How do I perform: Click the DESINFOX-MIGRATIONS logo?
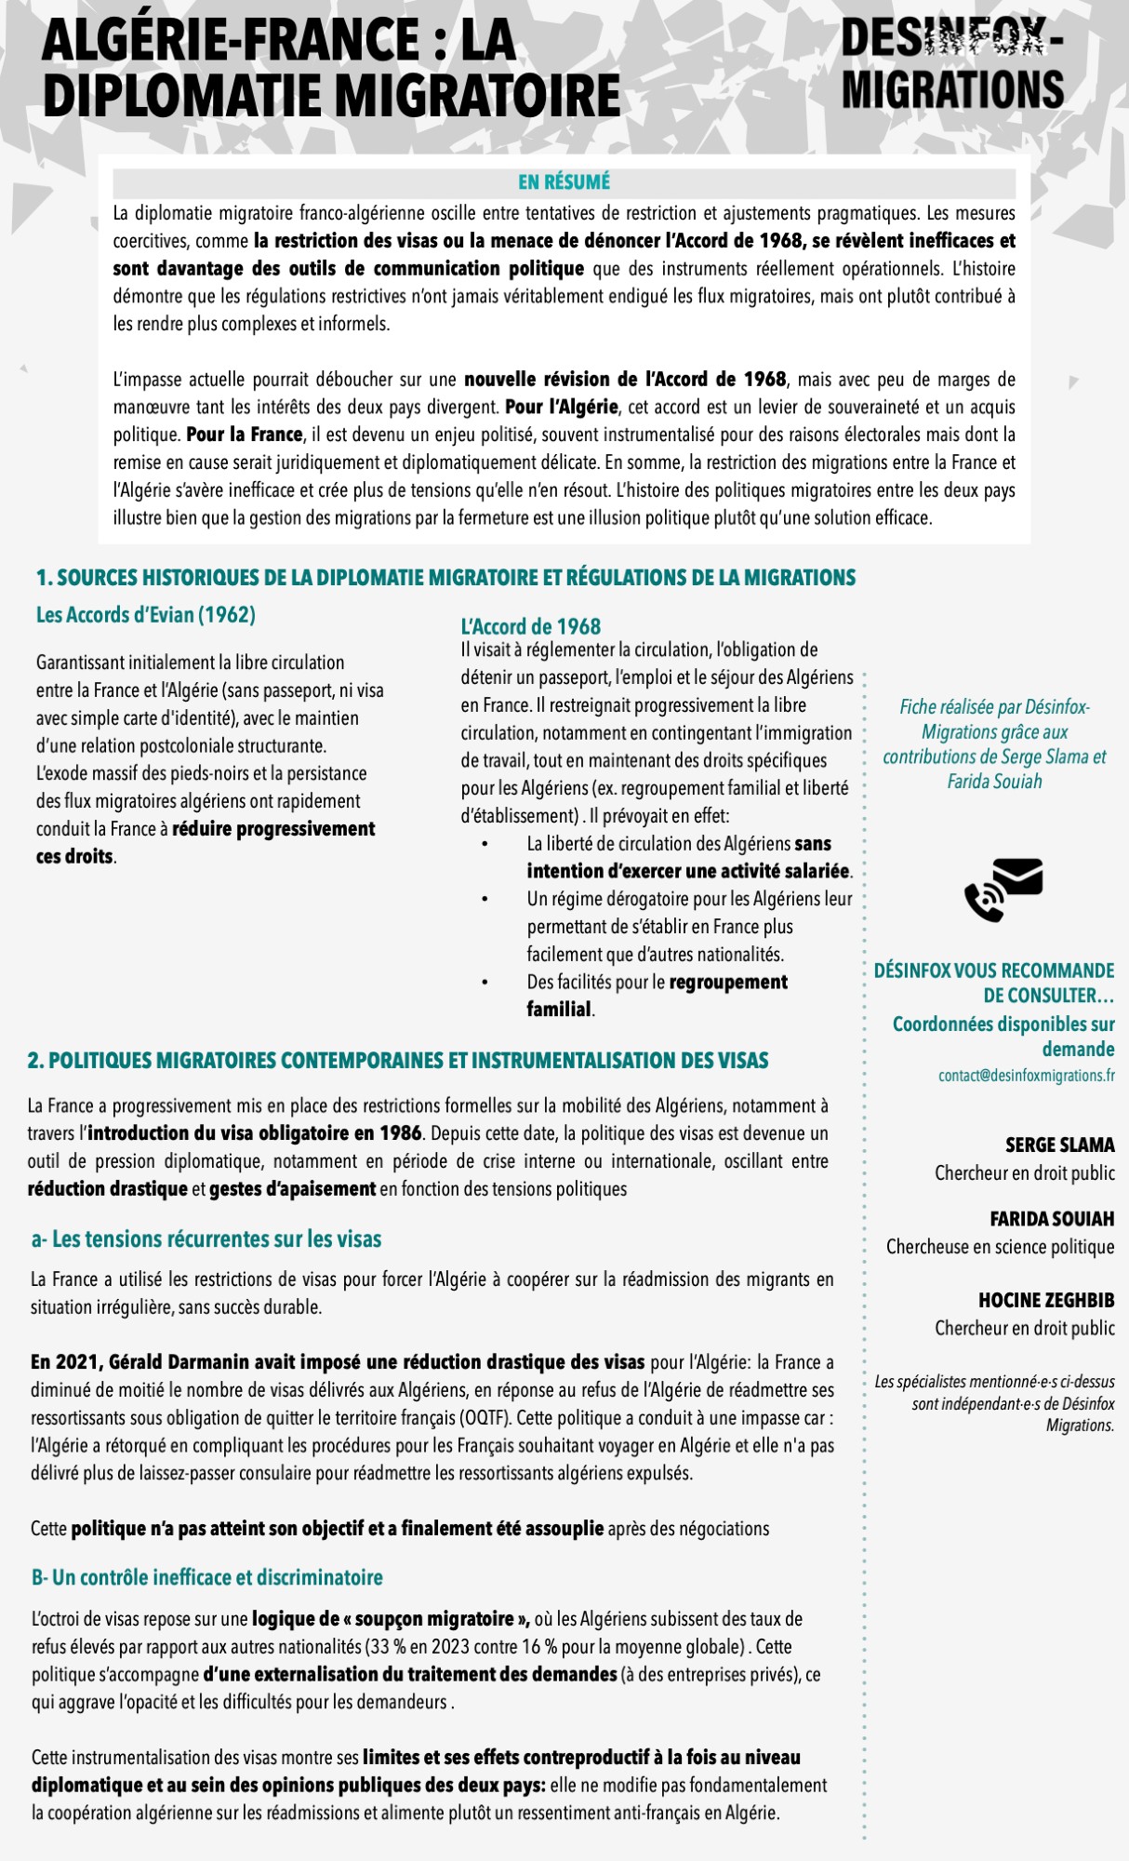[952, 64]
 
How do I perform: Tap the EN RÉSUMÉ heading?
[564, 182]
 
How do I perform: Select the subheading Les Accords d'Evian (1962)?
[146, 615]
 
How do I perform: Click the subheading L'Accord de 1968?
[530, 626]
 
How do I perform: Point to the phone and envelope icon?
[1003, 890]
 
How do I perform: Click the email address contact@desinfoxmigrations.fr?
[1026, 1076]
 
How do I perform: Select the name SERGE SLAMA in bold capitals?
[1059, 1145]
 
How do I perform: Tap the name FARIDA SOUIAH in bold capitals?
[1052, 1219]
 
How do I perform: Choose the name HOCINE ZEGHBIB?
[1045, 1300]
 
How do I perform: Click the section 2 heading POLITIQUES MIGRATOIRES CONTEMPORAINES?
[398, 1061]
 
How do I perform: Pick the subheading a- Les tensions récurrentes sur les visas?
[206, 1239]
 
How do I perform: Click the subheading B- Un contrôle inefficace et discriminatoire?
[207, 1577]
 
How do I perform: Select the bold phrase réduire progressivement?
[273, 829]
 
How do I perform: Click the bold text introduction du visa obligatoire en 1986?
[254, 1133]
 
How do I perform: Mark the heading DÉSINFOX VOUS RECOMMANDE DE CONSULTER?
[993, 983]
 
